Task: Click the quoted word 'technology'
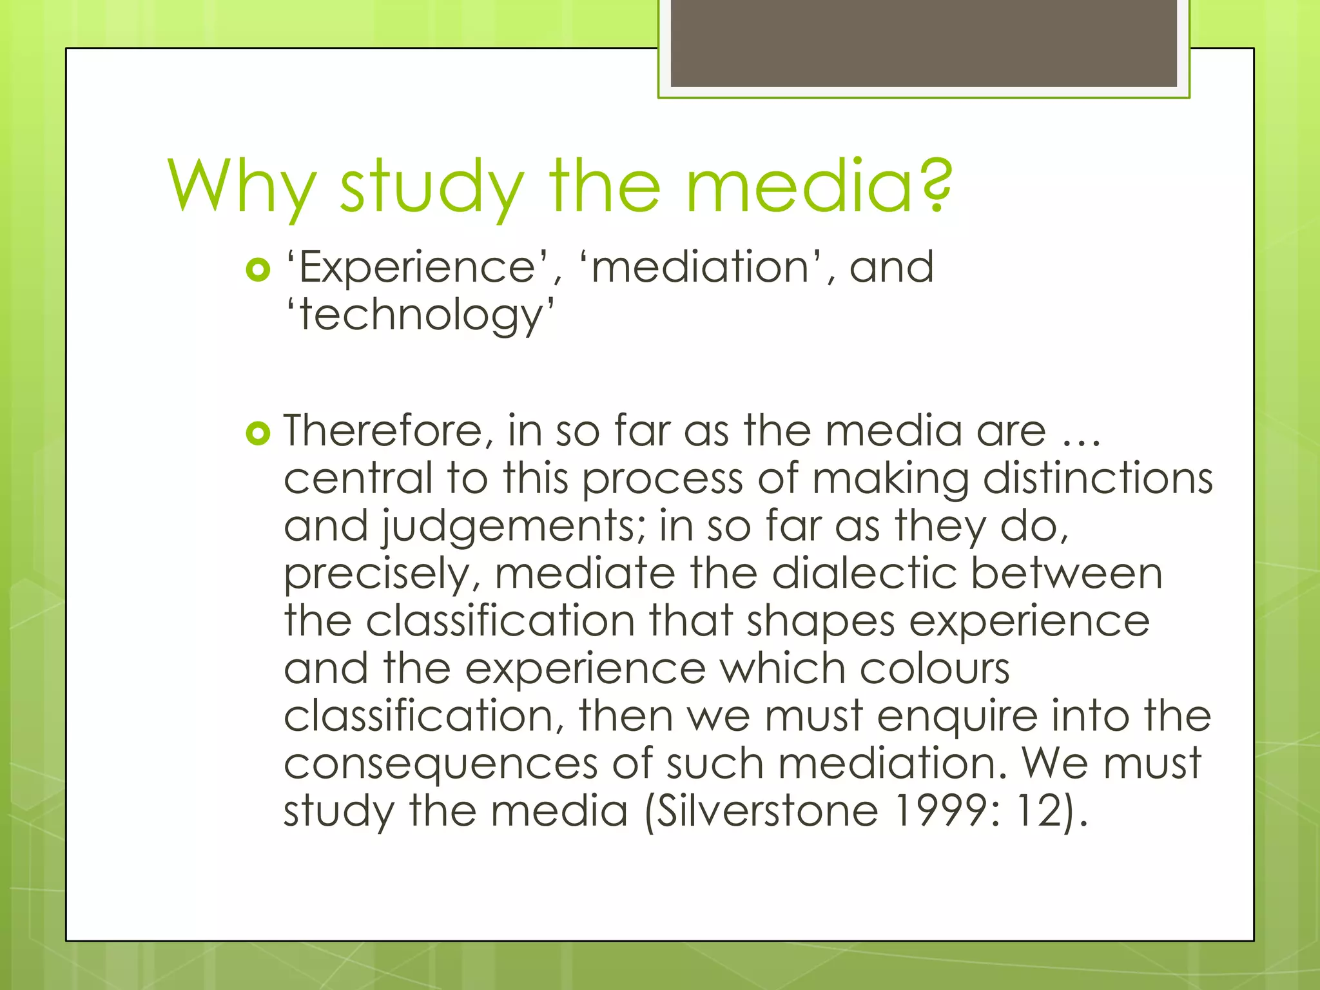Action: click(420, 315)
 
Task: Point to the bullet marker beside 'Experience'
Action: click(258, 270)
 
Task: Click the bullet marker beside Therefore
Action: click(258, 433)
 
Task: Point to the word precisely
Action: click(380, 574)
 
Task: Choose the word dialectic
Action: click(864, 573)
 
